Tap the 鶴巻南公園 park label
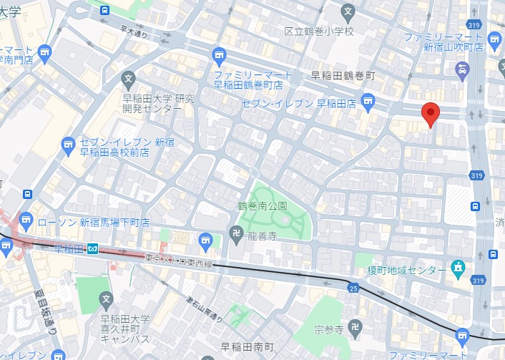click(263, 205)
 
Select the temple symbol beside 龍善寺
click(235, 233)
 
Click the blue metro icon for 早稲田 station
click(92, 249)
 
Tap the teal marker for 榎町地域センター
click(458, 269)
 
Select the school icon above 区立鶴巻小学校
click(348, 11)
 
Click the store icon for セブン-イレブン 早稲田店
click(368, 99)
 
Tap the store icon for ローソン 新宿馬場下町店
click(26, 218)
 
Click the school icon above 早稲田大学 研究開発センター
click(128, 79)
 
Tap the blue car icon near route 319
click(462, 69)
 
